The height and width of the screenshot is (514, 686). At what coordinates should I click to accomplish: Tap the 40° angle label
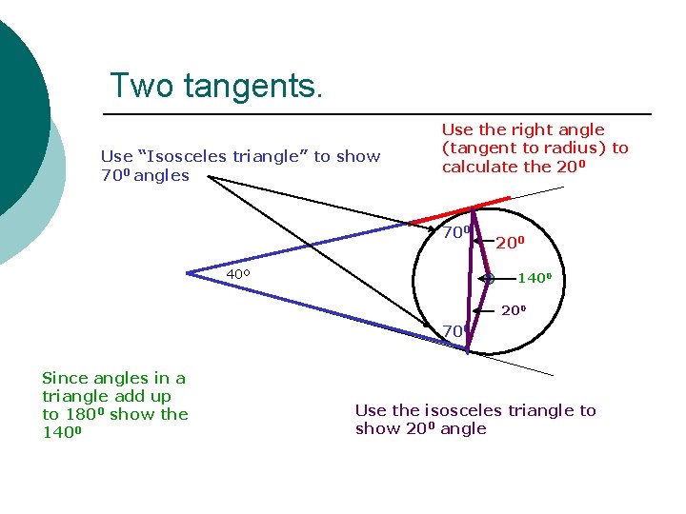pos(238,275)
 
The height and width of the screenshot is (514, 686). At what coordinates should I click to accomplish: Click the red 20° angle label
pos(510,243)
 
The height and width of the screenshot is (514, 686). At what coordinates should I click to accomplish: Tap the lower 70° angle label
pos(454,331)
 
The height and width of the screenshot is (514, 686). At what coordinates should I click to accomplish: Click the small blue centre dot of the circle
pos(487,279)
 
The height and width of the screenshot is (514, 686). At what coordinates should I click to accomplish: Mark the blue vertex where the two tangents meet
pos(189,273)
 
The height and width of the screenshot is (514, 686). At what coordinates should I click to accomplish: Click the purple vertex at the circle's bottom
pos(467,349)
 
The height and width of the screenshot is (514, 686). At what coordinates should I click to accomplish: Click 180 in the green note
pos(79,414)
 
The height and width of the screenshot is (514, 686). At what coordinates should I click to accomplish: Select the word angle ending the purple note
pos(463,428)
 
